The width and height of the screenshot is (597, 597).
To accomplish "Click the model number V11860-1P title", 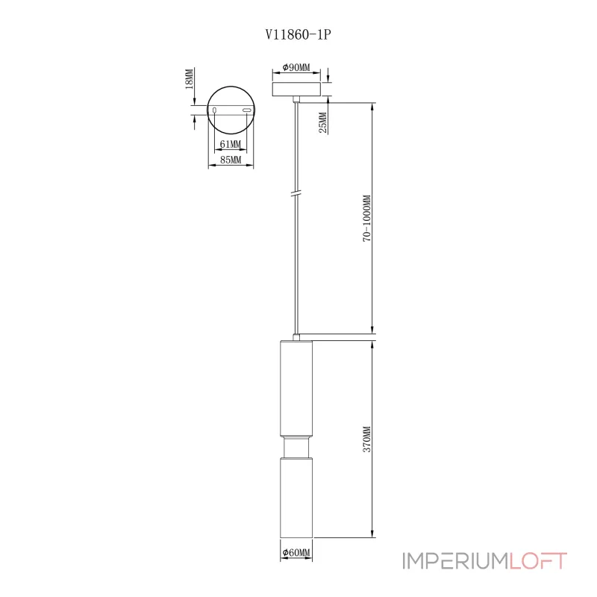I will pyautogui.click(x=298, y=33).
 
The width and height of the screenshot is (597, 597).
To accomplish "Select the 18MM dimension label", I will pyautogui.click(x=190, y=79).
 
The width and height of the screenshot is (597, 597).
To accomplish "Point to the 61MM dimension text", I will pyautogui.click(x=231, y=144).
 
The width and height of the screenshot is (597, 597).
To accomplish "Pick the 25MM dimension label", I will pyautogui.click(x=322, y=122).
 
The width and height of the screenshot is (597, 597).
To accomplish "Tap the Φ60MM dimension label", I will pyautogui.click(x=296, y=553).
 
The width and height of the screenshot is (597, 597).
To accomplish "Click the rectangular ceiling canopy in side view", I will pyautogui.click(x=298, y=89).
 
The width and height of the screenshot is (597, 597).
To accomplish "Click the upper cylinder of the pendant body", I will pyautogui.click(x=297, y=388).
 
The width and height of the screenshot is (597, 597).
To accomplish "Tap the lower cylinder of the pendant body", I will pyautogui.click(x=297, y=497).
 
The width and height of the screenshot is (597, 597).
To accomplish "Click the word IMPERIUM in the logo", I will pyautogui.click(x=454, y=561).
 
